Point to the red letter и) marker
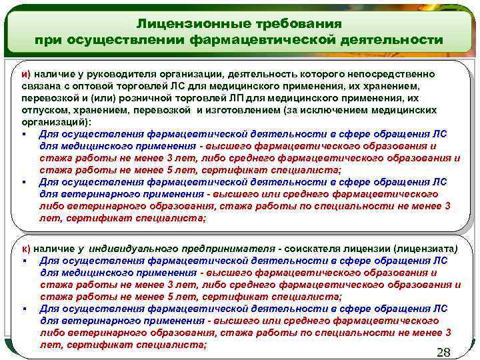pyautogui.click(x=24, y=73)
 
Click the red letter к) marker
pyautogui.click(x=25, y=248)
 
